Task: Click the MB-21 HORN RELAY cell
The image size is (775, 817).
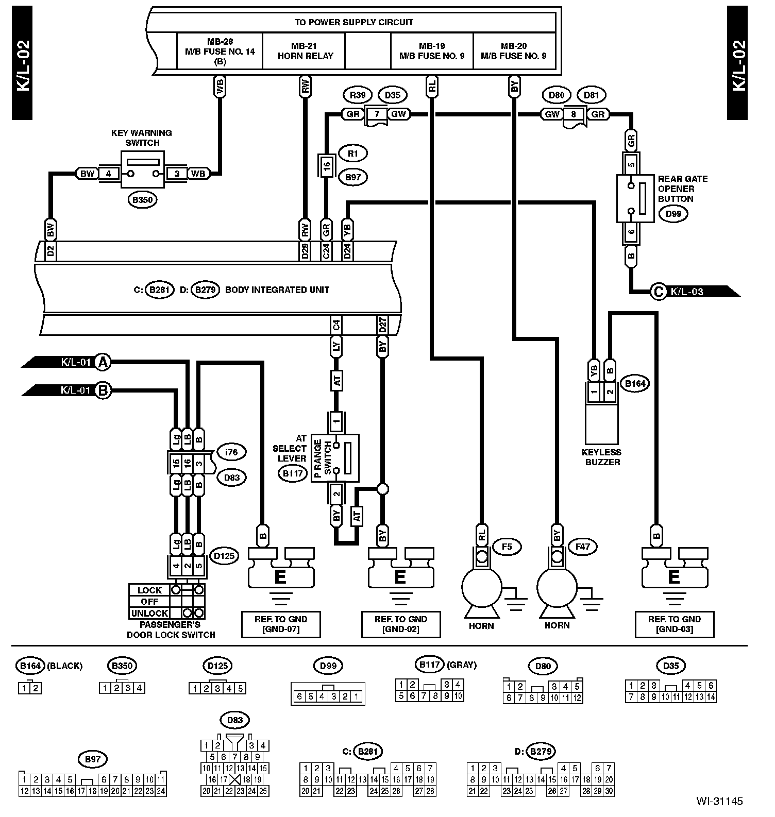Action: [x=306, y=51]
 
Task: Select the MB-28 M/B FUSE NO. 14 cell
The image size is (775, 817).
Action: [x=220, y=51]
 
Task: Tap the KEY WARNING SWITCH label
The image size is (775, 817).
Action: [x=142, y=138]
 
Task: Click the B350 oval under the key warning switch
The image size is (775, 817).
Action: [x=142, y=199]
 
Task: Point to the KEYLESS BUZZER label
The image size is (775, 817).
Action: [x=601, y=457]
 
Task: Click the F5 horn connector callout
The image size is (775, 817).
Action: [x=507, y=547]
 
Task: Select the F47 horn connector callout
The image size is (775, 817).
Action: [x=583, y=547]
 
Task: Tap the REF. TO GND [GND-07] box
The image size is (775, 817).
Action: [x=281, y=624]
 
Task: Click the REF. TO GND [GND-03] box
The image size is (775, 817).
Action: [x=675, y=624]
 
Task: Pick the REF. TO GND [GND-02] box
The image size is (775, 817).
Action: [x=401, y=624]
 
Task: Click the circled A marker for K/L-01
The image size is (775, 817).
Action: [x=104, y=362]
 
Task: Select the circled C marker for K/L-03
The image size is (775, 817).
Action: [x=659, y=292]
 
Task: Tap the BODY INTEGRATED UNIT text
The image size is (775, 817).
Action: [x=277, y=290]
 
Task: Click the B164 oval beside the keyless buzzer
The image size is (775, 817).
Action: [x=635, y=383]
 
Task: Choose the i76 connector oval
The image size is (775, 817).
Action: [x=231, y=453]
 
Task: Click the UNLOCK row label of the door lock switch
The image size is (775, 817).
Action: [x=149, y=613]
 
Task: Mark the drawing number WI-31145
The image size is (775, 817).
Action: [x=719, y=801]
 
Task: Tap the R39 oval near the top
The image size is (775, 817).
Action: [x=357, y=95]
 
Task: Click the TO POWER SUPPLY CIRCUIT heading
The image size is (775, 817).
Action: [x=353, y=22]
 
